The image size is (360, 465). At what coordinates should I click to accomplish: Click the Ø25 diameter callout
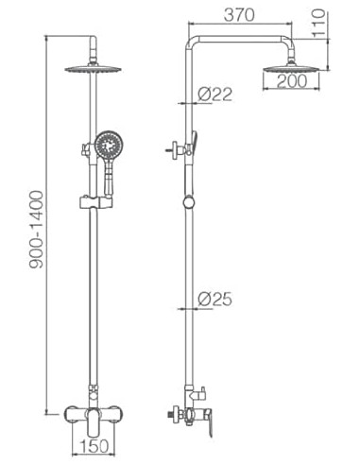pyautogui.click(x=215, y=300)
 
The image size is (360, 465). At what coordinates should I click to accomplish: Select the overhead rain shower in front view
pyautogui.click(x=94, y=69)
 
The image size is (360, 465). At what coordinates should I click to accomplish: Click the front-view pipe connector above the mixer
pyautogui.click(x=93, y=390)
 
